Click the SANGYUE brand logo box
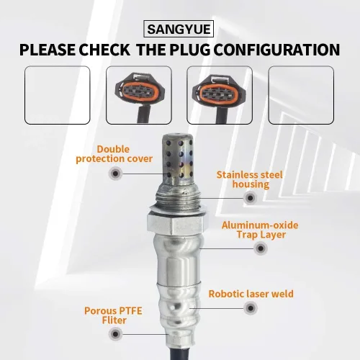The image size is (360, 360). point(179,29)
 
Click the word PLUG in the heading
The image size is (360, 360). point(189,50)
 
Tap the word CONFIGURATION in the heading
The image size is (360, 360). point(276,50)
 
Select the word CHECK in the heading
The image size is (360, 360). point(104,50)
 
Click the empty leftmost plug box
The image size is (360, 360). point(58,95)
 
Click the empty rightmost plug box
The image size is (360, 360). point(301,95)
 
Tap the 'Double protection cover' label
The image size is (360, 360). point(114,154)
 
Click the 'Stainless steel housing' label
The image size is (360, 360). point(250,179)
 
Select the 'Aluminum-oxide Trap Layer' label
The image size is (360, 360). point(260,230)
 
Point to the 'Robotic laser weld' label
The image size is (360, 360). point(251,294)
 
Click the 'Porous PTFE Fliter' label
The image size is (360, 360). point(113,315)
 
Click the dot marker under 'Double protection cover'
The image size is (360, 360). point(115,174)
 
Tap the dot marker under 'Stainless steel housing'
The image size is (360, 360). point(250,198)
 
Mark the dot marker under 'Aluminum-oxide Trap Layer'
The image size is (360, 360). point(261,248)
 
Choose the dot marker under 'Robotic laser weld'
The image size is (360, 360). point(251,307)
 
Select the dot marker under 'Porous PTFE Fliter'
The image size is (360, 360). point(115,334)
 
